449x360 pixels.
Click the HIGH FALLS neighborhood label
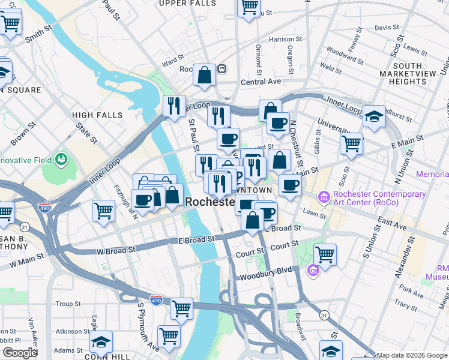pos(97,115)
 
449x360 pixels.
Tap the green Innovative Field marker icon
pos(61,159)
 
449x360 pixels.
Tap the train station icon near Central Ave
pos(221,69)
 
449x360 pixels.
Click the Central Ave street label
pos(261,82)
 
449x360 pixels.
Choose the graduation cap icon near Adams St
pos(101,341)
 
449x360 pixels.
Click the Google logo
pos(19,352)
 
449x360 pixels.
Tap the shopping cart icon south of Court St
pos(325,254)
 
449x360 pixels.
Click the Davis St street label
pos(387,28)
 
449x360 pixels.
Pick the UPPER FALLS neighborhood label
pos(187,4)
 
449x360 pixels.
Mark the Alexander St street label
pos(408,248)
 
